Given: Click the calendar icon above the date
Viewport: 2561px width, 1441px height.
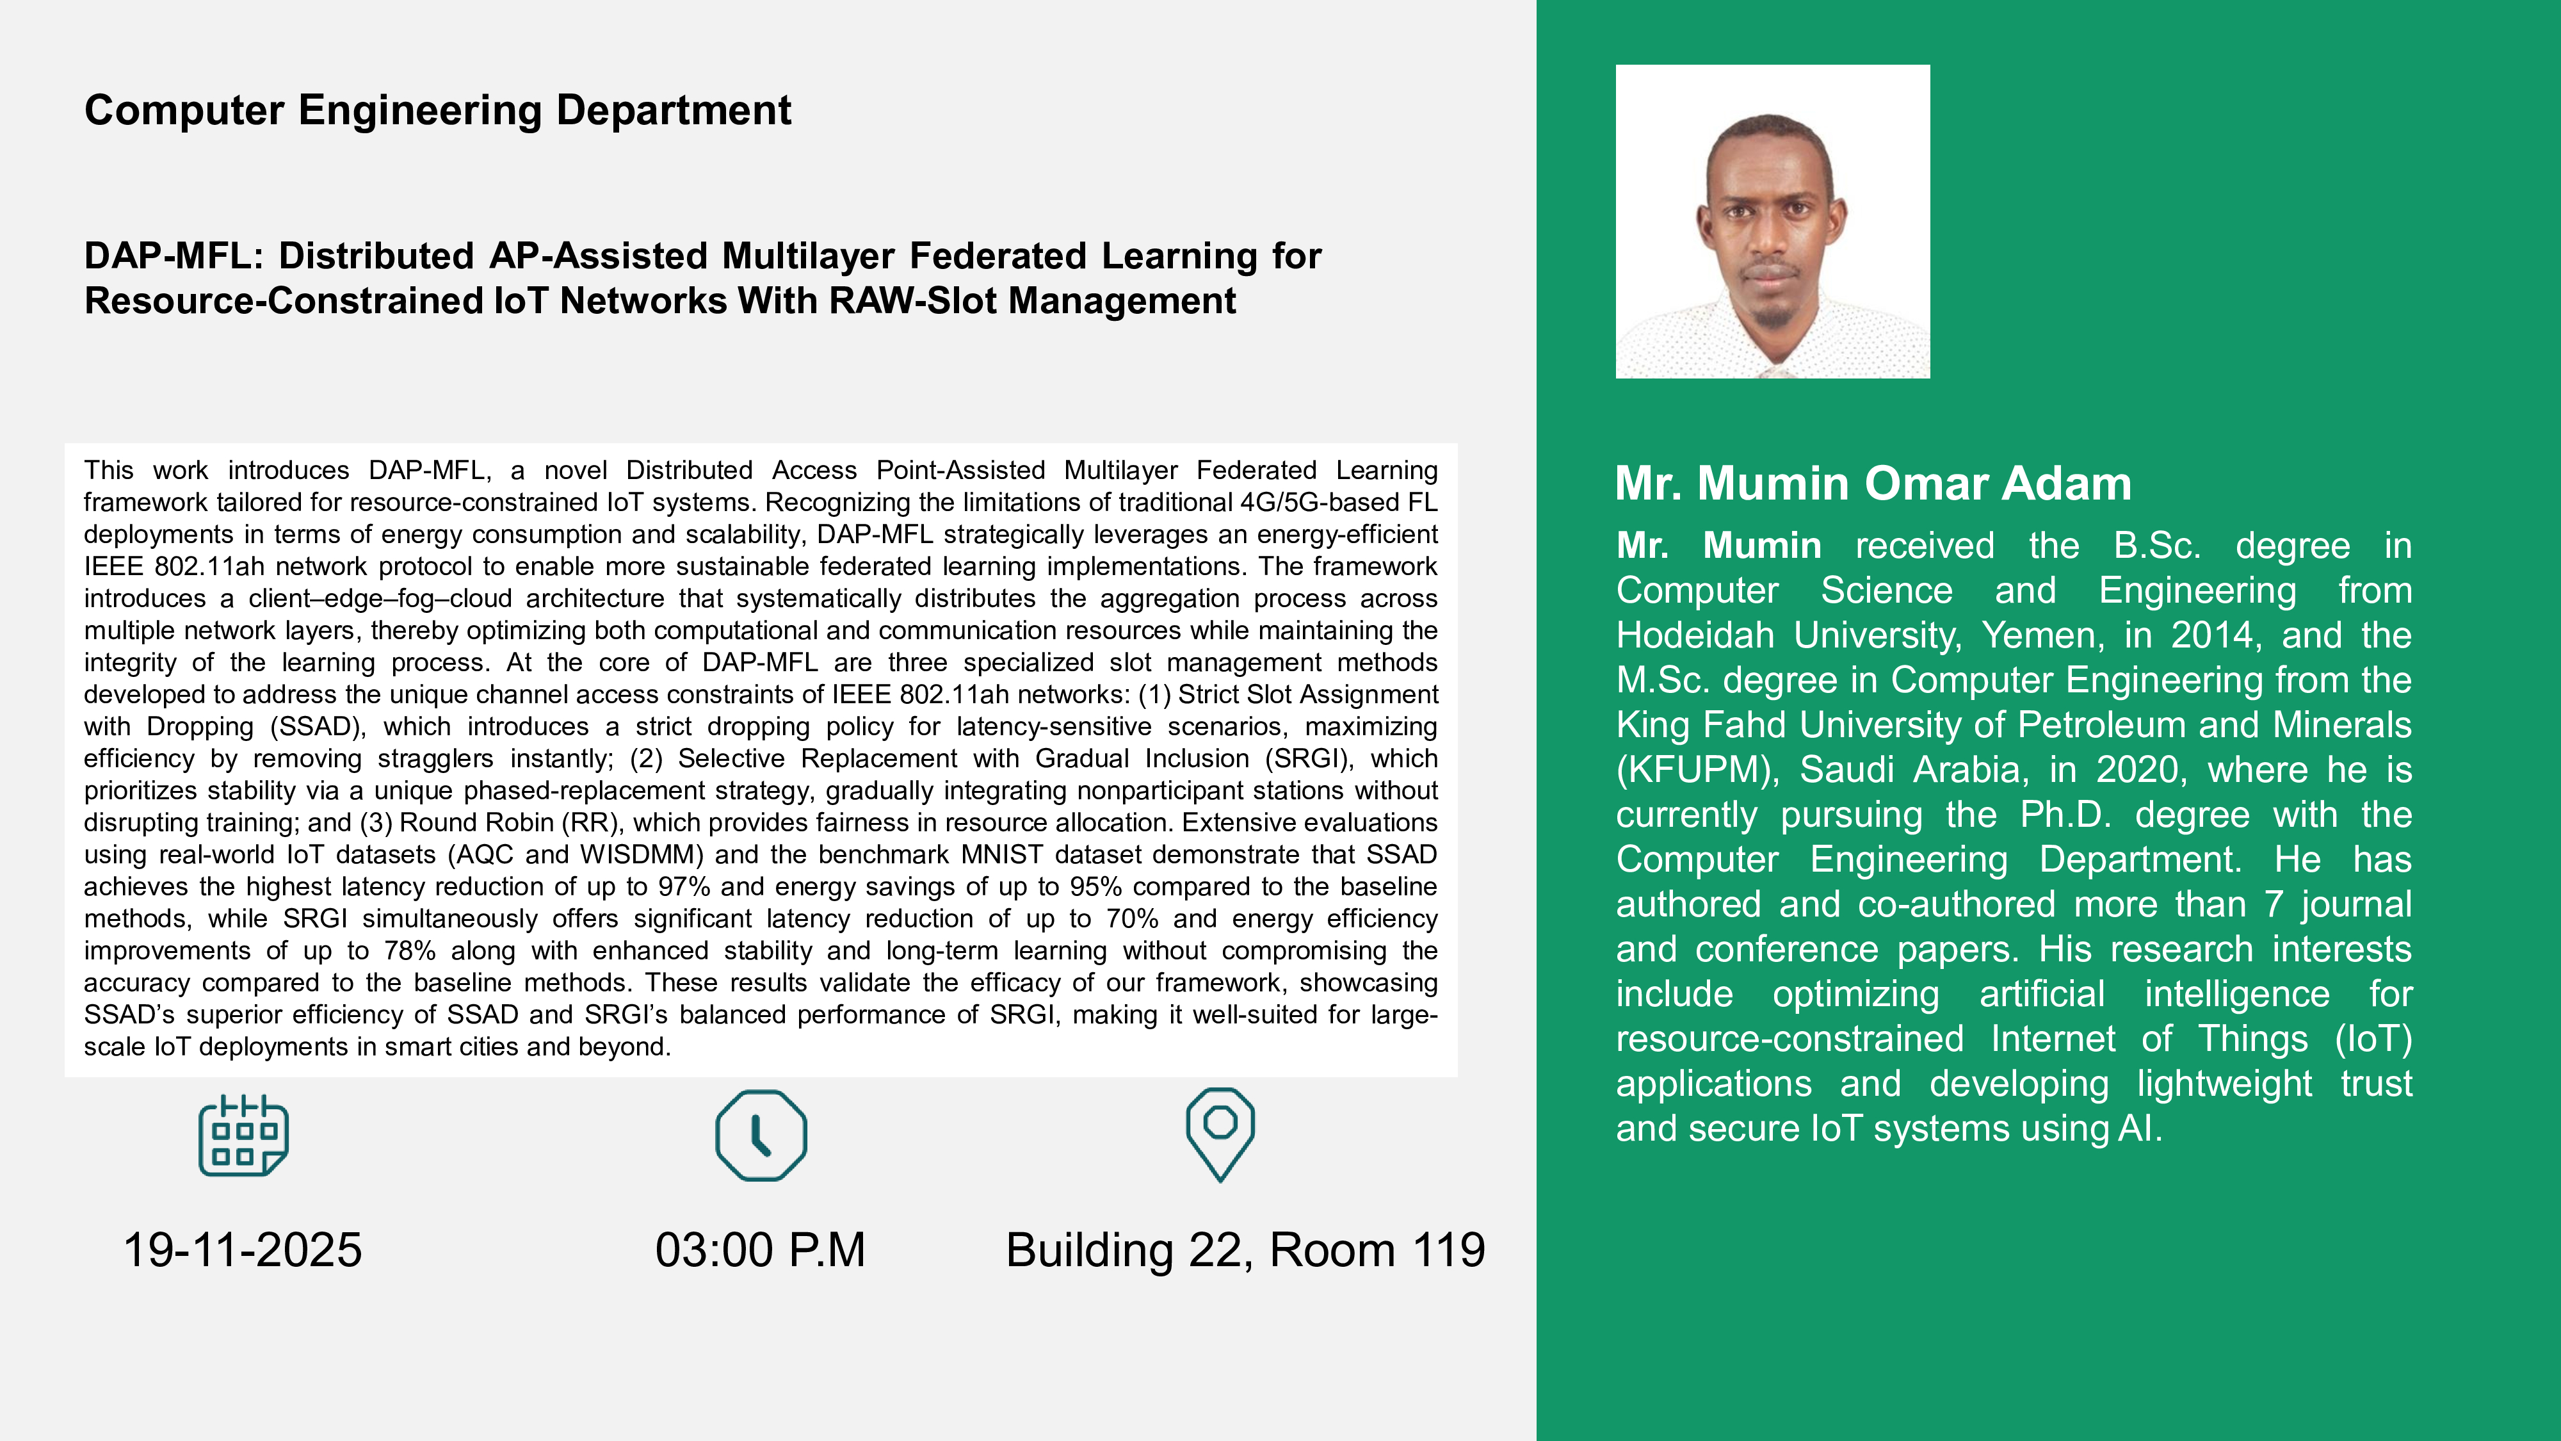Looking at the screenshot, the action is (243, 1136).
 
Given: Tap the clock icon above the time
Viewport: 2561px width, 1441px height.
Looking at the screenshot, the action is (761, 1136).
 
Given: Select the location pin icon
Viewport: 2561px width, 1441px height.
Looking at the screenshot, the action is (1220, 1134).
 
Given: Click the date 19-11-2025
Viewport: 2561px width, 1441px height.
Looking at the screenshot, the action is (243, 1250).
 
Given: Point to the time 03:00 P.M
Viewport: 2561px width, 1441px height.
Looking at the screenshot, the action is (761, 1250).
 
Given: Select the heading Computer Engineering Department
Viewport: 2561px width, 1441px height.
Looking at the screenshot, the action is (437, 110).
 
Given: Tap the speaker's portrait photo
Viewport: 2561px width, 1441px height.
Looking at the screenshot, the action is (1773, 222).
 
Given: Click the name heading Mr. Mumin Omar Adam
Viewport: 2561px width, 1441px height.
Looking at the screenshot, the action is (1873, 484).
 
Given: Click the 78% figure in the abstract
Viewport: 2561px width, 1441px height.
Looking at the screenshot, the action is (410, 950).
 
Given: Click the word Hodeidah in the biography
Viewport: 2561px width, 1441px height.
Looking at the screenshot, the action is (1695, 635).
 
